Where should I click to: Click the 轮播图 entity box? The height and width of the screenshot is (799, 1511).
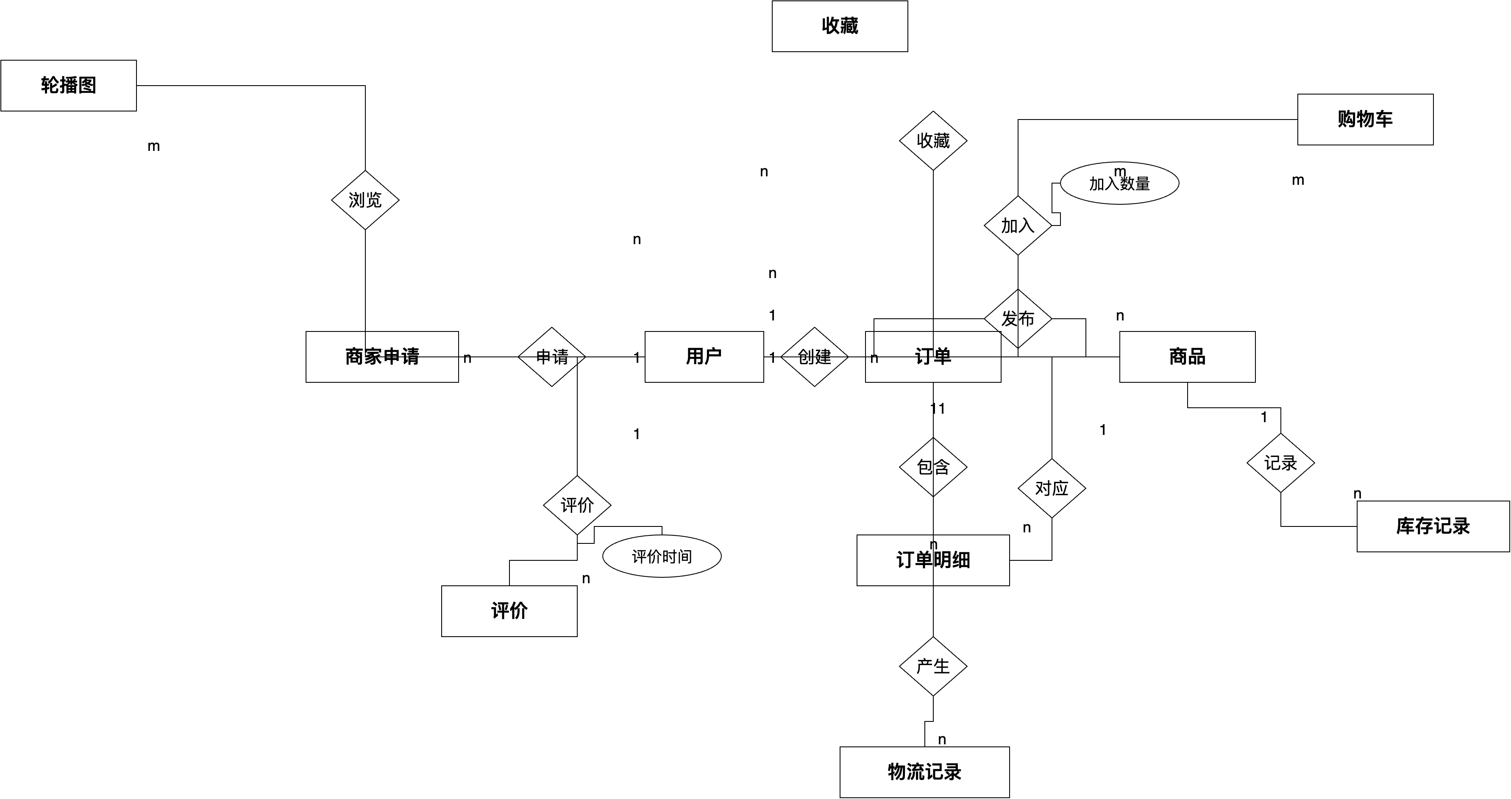tap(69, 86)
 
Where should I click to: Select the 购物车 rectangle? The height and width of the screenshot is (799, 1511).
tap(1365, 120)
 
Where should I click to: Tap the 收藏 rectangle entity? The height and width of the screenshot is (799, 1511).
tap(839, 26)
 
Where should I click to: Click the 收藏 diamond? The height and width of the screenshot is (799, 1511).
tap(932, 141)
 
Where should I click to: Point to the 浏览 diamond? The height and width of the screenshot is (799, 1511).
tap(365, 200)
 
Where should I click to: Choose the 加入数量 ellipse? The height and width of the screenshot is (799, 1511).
tap(1119, 184)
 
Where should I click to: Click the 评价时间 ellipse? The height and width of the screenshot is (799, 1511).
tap(662, 556)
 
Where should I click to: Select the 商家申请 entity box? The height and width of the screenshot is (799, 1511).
tap(382, 356)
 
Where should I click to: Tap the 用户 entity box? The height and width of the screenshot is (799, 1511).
tap(704, 356)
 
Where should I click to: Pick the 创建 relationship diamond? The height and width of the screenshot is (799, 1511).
tap(814, 356)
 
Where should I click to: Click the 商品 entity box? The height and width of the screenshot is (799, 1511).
tap(1187, 356)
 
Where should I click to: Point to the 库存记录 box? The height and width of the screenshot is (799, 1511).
tap(1433, 526)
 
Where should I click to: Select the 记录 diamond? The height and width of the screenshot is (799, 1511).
tap(1280, 463)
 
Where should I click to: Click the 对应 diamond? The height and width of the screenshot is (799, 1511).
tap(1051, 488)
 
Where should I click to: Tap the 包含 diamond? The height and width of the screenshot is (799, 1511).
tap(932, 467)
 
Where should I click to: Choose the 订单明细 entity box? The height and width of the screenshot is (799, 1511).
tap(932, 560)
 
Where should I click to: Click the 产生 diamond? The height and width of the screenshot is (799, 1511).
tap(932, 666)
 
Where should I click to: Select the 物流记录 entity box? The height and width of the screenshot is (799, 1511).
tap(924, 772)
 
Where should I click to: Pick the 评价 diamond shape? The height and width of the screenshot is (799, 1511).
tap(577, 505)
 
